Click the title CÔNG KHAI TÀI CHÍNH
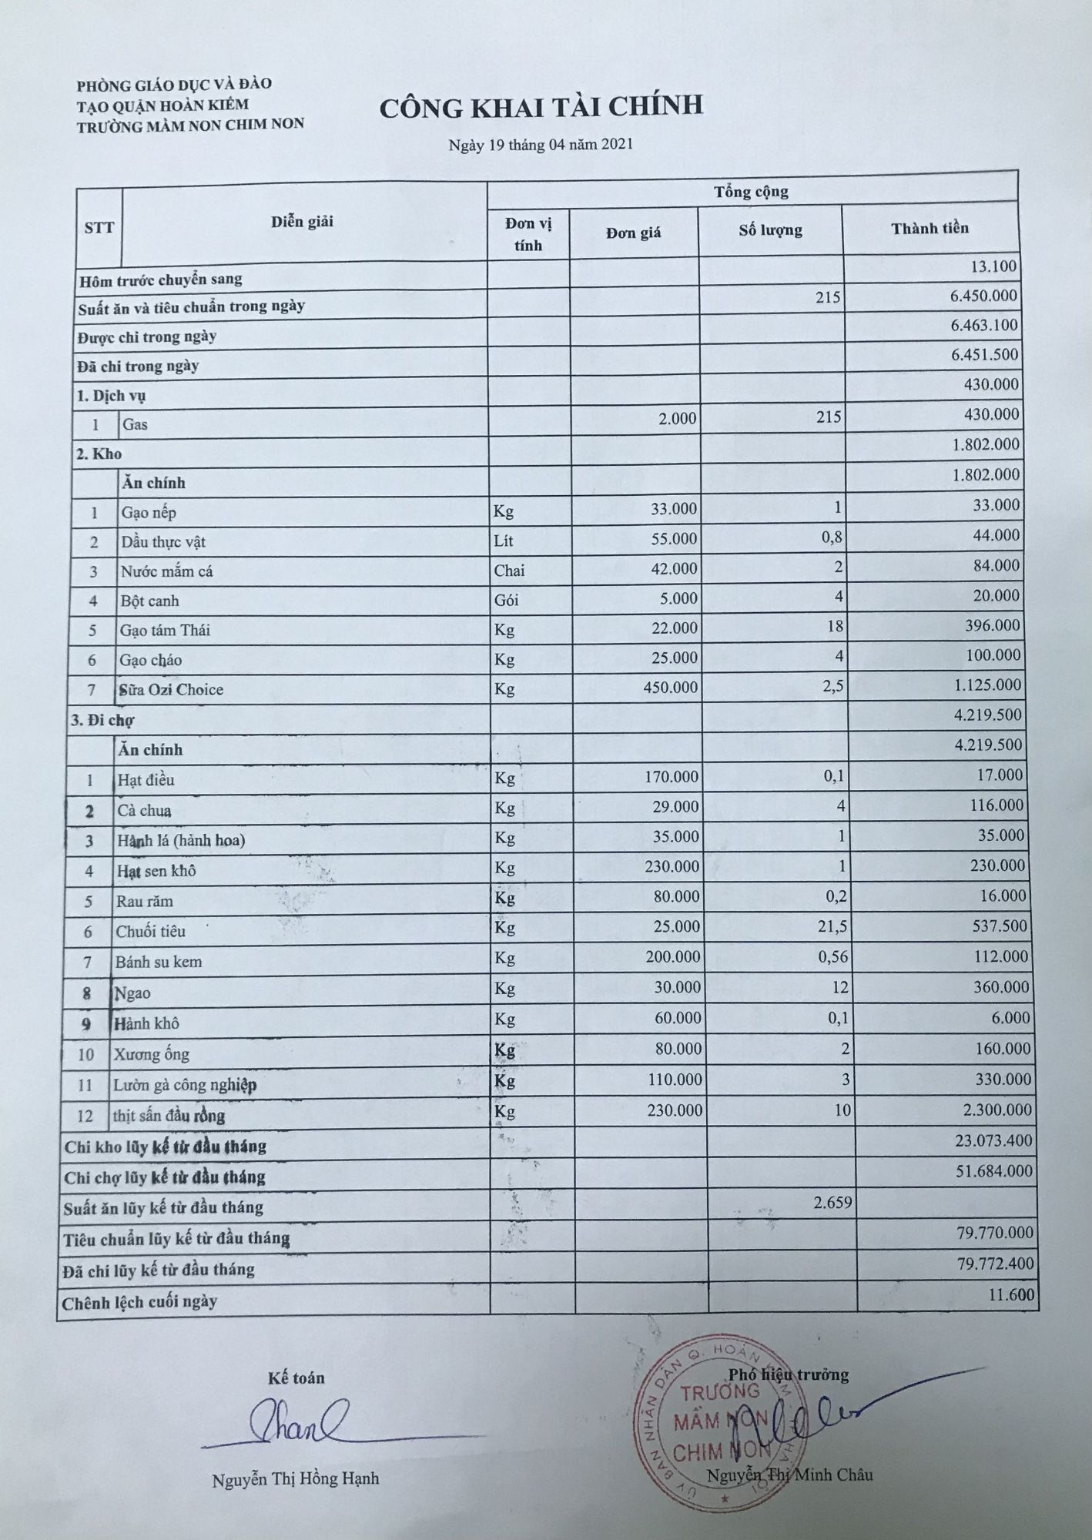541,107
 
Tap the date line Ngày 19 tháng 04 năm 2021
541,144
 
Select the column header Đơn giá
633,233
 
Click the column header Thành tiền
930,228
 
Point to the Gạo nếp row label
149,513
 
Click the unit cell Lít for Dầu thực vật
504,541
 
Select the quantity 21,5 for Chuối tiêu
832,926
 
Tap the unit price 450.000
670,687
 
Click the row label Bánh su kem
159,962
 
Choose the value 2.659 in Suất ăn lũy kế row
832,1202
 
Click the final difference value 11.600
1012,1295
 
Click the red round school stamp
724,1424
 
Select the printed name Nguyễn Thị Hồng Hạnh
296,1479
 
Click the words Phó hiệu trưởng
789,1374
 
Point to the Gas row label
135,424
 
